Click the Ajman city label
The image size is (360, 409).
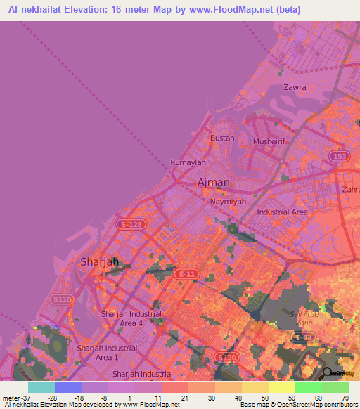click(214, 183)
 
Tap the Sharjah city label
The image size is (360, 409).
click(99, 261)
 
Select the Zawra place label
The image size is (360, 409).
click(295, 88)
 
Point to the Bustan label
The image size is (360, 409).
click(222, 138)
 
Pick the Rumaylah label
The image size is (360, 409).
click(188, 162)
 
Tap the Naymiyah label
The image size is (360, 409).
click(228, 202)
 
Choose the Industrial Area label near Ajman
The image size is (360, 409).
click(282, 212)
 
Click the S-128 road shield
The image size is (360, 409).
click(130, 223)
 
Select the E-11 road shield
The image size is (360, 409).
click(186, 273)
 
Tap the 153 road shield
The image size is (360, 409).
click(340, 156)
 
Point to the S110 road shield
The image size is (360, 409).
click(62, 299)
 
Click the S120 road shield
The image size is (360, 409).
click(226, 358)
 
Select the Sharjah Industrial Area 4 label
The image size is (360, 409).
click(131, 318)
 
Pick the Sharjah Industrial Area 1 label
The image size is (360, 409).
click(107, 353)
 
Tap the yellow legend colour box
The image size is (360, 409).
click(281, 387)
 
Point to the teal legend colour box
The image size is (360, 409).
click(41, 387)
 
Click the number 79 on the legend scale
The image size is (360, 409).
click(345, 398)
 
